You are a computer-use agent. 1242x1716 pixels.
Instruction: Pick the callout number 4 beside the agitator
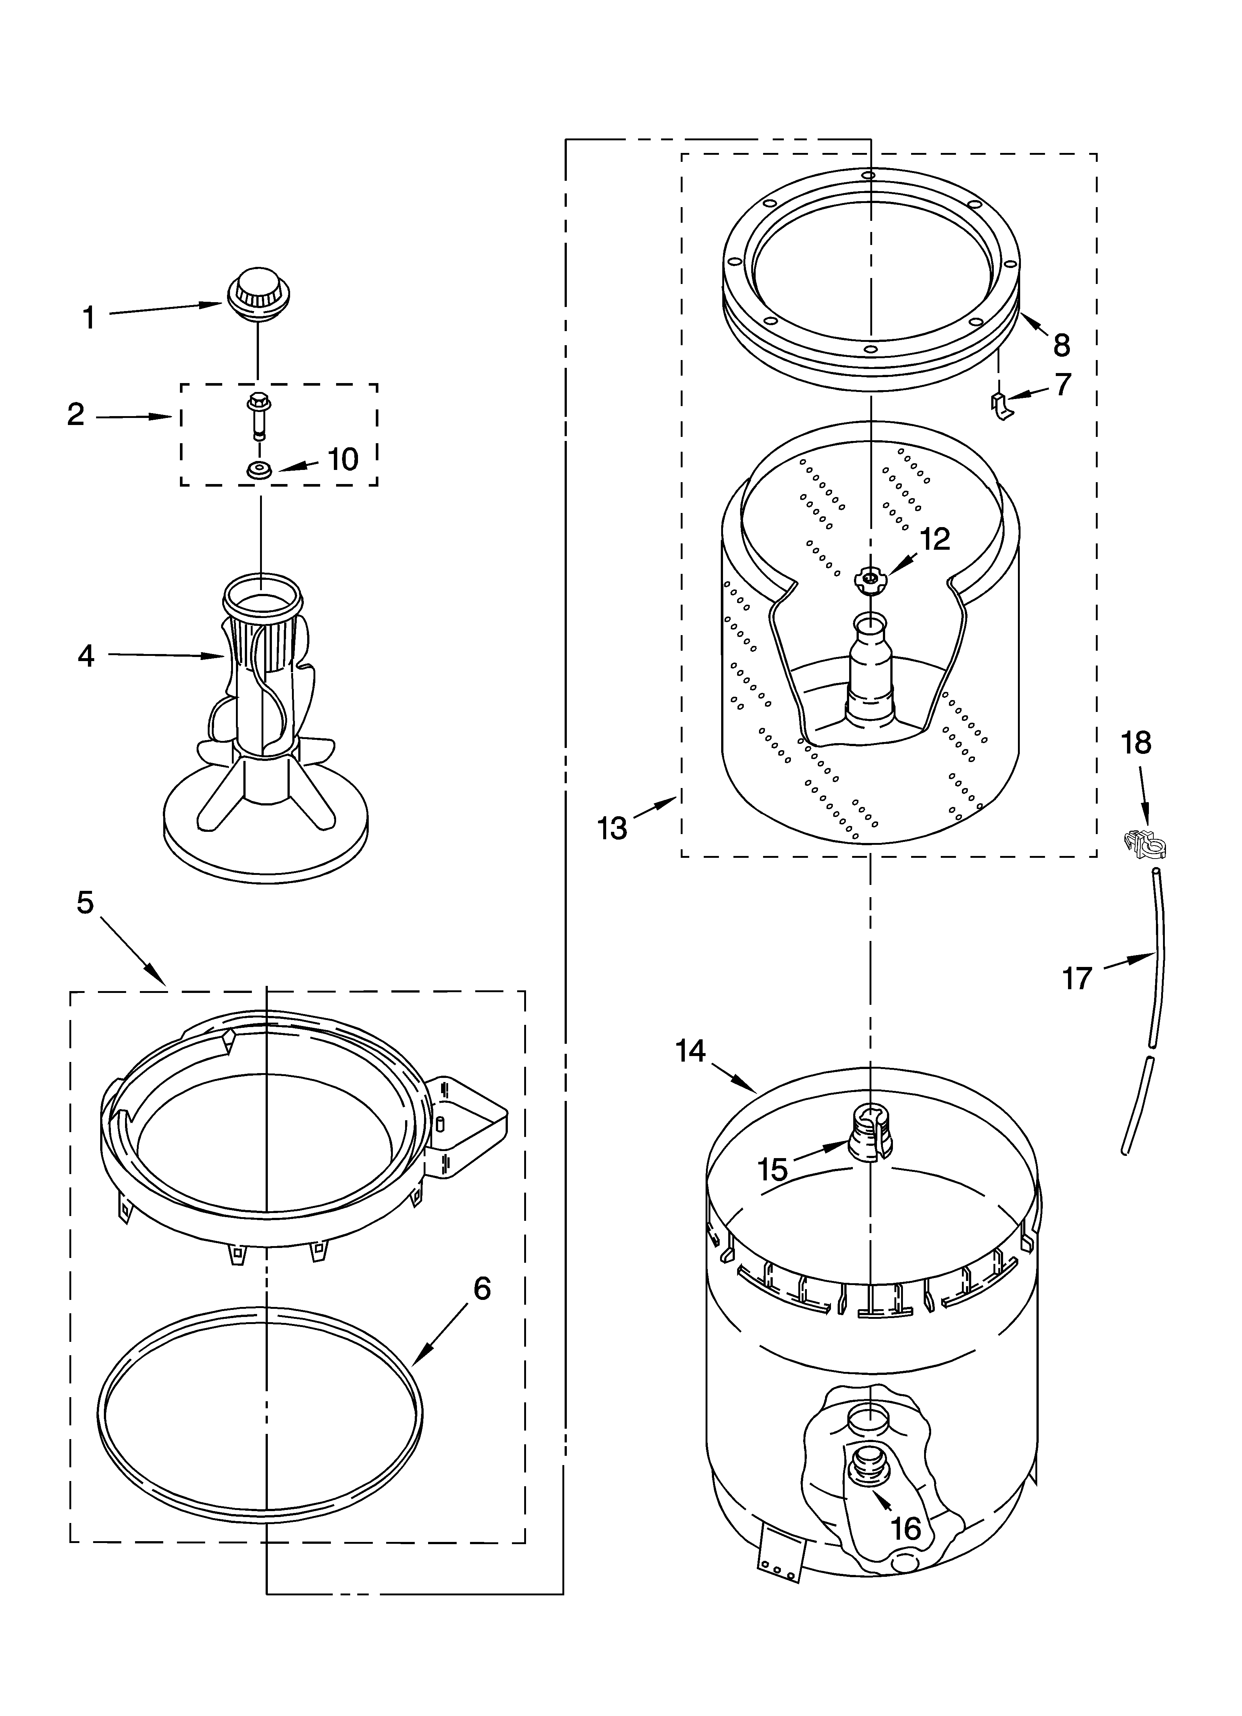tap(86, 655)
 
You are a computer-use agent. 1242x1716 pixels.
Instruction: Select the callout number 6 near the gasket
tap(482, 1288)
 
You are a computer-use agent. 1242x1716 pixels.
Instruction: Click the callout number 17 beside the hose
tap(1077, 978)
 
